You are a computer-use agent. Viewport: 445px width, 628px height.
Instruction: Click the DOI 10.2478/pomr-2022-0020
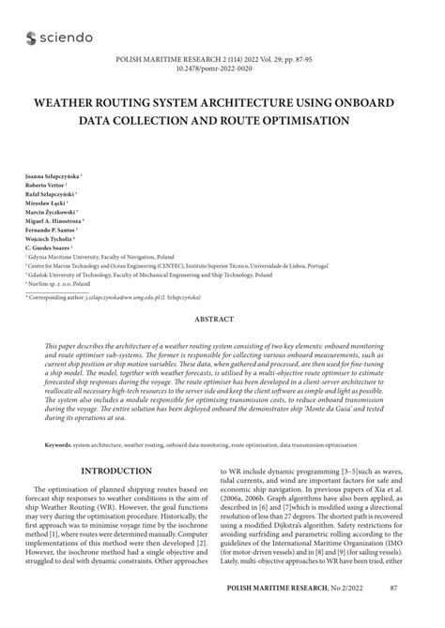tap(222, 67)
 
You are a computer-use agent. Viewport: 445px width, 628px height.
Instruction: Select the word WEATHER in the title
tap(76, 101)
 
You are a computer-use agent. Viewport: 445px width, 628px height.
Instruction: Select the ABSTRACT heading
tap(222, 319)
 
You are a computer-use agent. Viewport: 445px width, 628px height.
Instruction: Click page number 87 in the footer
tap(392, 612)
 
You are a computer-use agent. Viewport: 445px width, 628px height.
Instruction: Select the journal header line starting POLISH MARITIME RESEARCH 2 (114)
tap(222, 58)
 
